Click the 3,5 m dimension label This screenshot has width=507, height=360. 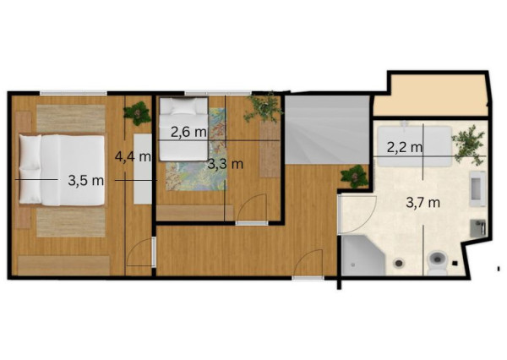tap(86, 181)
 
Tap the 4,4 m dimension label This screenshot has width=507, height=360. tap(133, 157)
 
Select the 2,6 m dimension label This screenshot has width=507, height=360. tap(188, 132)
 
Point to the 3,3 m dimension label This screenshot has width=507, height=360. tap(225, 164)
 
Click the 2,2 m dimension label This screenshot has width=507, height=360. tap(405, 148)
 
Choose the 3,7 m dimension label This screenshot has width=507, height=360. tap(423, 203)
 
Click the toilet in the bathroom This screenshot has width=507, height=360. tap(437, 262)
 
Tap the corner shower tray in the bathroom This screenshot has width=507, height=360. tap(363, 255)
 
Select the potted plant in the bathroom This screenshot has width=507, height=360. tap(468, 145)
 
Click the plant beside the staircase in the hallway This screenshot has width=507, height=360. tap(354, 177)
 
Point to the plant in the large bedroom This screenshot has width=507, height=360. tap(138, 113)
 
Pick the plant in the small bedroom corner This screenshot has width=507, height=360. tap(264, 107)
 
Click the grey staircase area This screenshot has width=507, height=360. tap(327, 130)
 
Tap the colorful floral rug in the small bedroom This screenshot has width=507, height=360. tap(196, 150)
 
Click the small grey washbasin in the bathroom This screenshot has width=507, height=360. tap(478, 228)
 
